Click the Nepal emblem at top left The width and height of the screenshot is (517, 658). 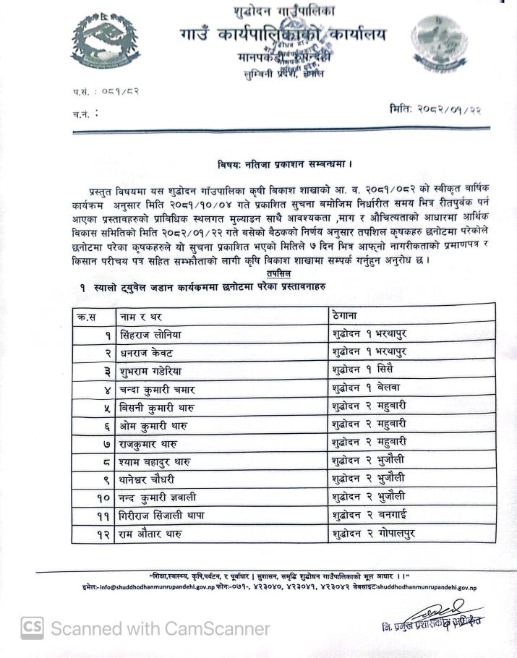click(106, 41)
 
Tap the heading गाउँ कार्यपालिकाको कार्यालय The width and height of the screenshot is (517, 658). click(283, 35)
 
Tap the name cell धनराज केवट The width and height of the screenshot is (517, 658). click(148, 353)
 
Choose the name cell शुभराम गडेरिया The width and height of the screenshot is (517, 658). click(154, 371)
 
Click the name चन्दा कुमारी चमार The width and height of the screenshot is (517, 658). click(159, 390)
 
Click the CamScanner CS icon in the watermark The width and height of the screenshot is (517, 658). click(32, 628)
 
